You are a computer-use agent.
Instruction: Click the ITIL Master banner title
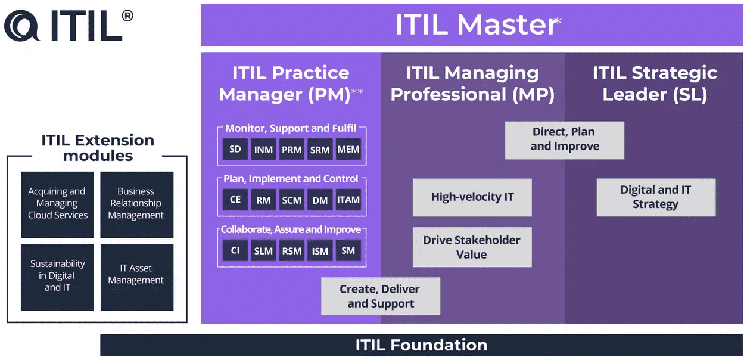(x=477, y=25)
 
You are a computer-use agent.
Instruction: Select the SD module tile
(x=235, y=149)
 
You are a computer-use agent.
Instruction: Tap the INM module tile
(x=263, y=149)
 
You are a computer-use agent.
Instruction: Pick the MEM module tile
(x=348, y=149)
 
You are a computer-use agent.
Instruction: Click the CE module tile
(x=235, y=200)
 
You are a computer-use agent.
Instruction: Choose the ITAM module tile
(x=348, y=200)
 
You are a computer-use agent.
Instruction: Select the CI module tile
(x=235, y=250)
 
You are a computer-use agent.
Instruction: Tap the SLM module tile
(x=263, y=250)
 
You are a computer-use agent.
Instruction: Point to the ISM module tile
(x=320, y=250)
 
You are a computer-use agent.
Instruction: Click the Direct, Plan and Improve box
(x=564, y=139)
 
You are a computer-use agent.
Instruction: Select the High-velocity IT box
(x=472, y=197)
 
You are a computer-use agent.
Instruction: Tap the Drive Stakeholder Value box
(x=472, y=247)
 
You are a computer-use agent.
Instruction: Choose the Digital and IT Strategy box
(x=655, y=197)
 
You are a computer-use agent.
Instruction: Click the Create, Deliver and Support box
(x=380, y=296)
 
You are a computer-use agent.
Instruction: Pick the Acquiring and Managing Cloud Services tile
(x=57, y=204)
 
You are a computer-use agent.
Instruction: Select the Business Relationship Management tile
(x=136, y=204)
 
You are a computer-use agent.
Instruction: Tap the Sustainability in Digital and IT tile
(x=57, y=276)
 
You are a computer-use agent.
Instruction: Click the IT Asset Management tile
(x=136, y=276)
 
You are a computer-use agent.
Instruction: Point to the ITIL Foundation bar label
(x=421, y=345)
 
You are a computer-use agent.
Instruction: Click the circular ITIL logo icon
(x=23, y=26)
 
